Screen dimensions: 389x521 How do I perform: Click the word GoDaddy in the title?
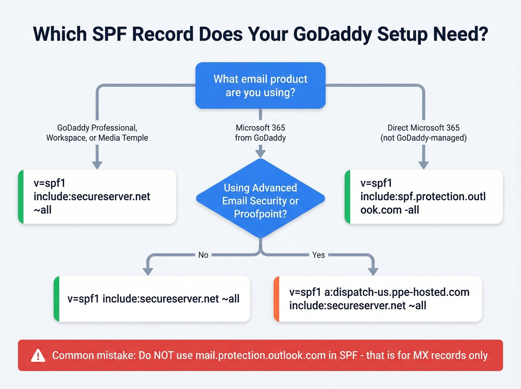point(332,34)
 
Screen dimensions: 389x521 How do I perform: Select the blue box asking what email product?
point(260,86)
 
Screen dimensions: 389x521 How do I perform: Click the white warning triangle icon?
point(38,356)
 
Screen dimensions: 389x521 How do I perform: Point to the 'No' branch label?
point(203,255)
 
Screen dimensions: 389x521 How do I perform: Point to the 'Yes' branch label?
point(319,255)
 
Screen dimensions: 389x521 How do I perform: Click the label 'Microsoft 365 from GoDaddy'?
point(260,133)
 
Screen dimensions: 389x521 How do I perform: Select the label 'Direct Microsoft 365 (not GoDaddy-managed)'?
point(423,133)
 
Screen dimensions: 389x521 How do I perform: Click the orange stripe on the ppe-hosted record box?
point(276,299)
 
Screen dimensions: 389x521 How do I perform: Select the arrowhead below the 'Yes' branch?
point(373,271)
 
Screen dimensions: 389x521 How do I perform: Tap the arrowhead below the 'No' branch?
point(148,271)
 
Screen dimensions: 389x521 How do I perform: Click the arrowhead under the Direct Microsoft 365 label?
point(423,165)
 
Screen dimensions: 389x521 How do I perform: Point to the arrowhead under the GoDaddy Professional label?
point(97,165)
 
